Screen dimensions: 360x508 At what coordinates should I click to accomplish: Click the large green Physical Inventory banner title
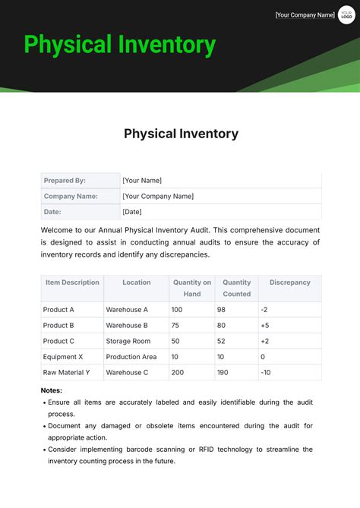pos(120,44)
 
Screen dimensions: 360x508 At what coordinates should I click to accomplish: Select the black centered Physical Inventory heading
pos(181,134)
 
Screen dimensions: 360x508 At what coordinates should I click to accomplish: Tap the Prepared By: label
pos(65,181)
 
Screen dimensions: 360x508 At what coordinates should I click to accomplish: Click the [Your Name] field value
pos(142,181)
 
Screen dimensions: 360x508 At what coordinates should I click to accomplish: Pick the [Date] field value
pos(132,212)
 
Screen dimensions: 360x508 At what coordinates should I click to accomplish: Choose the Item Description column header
pos(72,282)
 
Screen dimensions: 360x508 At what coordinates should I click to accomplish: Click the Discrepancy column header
pos(289,282)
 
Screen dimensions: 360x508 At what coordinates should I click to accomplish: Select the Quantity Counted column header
pos(237,288)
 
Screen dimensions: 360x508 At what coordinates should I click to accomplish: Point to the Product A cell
pos(58,310)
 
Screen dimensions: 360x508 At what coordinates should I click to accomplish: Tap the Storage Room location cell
pos(128,341)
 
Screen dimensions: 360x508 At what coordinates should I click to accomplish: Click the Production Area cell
pos(131,357)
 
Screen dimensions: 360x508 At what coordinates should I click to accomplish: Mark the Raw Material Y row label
pos(67,372)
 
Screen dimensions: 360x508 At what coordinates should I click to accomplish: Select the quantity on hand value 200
pos(178,372)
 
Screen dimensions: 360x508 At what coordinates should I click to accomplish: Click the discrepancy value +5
pos(265,326)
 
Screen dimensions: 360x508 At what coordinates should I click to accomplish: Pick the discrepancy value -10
pos(266,372)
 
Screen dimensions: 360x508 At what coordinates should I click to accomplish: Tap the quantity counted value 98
pos(221,310)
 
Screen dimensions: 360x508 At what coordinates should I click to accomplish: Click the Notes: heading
pos(52,390)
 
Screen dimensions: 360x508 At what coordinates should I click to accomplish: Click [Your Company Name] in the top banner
pos(305,14)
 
